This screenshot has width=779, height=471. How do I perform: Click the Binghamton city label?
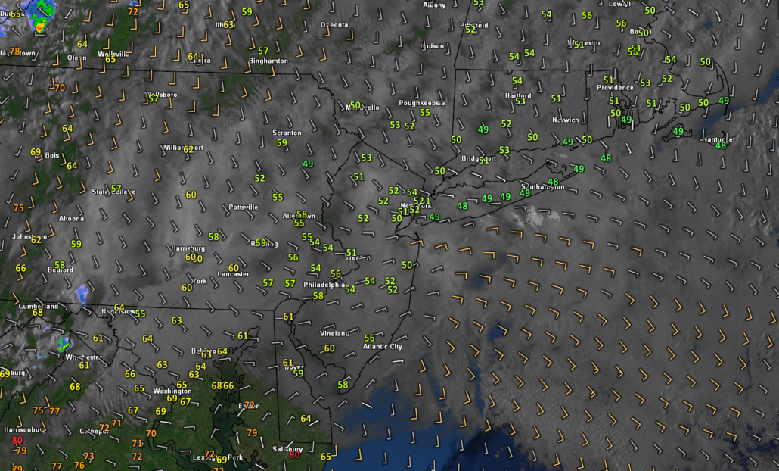click(268, 61)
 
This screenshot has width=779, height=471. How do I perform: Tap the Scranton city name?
click(287, 133)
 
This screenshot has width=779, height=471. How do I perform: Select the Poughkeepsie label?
click(423, 102)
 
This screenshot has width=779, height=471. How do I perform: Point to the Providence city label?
click(615, 88)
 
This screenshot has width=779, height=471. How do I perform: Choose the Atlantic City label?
click(383, 347)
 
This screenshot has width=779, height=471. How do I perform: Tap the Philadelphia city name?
click(324, 285)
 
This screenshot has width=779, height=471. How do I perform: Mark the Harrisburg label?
click(188, 248)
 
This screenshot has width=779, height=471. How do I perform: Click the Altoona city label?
click(72, 218)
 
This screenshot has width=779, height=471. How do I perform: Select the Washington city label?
click(172, 391)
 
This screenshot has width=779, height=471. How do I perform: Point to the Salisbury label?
click(284, 448)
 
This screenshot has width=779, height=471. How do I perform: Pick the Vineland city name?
click(334, 333)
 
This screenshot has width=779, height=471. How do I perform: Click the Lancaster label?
click(233, 274)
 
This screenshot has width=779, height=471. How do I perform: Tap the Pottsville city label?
click(243, 207)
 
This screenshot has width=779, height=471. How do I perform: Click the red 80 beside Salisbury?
click(294, 454)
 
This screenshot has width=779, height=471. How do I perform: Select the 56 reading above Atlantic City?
click(370, 338)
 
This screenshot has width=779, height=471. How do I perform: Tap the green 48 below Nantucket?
click(721, 145)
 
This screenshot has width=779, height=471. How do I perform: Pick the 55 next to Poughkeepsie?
click(424, 113)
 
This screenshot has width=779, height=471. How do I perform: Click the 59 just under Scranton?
click(282, 142)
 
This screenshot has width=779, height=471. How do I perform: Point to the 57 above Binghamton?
click(263, 51)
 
